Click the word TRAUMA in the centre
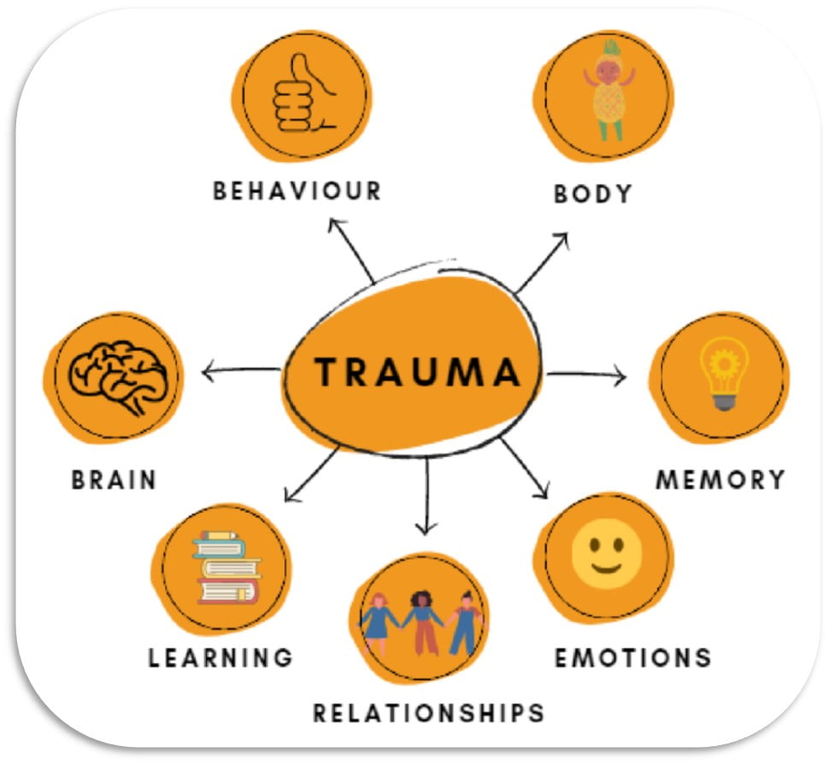[416, 372]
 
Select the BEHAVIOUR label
[297, 190]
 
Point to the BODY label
[593, 193]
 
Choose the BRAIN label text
[115, 479]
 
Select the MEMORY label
[720, 479]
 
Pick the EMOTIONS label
[632, 657]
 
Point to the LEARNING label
[220, 657]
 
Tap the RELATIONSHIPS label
[428, 712]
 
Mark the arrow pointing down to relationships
[426, 496]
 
